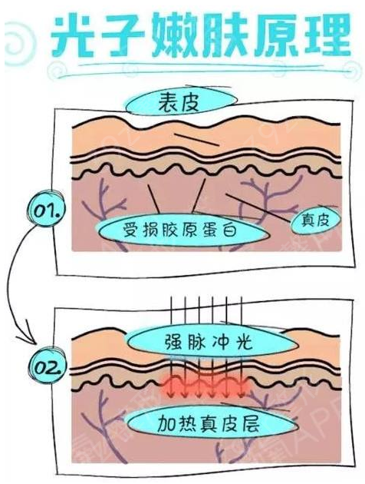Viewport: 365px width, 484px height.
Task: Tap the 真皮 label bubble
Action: (316, 220)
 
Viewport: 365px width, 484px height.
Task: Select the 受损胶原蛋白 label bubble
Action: (183, 230)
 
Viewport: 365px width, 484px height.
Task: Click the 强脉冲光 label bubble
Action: (212, 342)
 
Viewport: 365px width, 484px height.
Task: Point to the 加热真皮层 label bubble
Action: (212, 423)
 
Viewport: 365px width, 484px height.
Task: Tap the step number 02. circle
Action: (47, 366)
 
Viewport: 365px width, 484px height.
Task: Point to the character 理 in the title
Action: (326, 35)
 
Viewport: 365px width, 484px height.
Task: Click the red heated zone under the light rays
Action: (205, 385)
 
